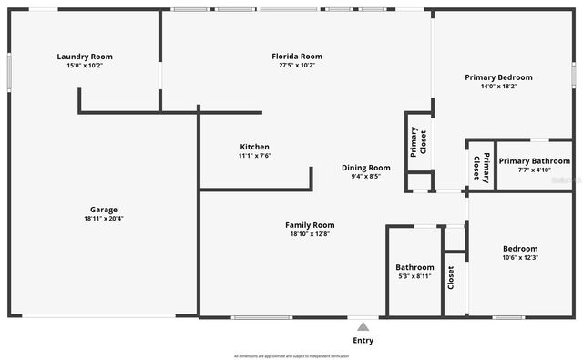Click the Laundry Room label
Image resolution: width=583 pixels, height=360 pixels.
coord(85,57)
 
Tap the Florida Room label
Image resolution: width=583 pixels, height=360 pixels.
coord(297,57)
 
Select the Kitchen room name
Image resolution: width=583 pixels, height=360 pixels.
coord(254,147)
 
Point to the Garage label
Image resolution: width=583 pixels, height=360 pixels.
coord(103,210)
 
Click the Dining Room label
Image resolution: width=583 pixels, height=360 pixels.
coord(366,168)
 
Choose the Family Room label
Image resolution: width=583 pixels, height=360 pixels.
coord(310,225)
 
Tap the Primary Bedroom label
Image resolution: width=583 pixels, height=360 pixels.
coord(498,77)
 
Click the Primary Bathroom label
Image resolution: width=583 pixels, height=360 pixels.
coord(534,161)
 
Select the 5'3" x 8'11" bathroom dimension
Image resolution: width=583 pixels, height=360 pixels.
coord(414,276)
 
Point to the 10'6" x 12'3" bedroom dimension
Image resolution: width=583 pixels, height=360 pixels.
coord(520,257)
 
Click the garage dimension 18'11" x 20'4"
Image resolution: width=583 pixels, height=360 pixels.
coord(103,219)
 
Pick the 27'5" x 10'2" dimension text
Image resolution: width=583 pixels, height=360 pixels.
coord(297,66)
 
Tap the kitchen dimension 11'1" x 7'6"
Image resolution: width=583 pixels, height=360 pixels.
coord(254,156)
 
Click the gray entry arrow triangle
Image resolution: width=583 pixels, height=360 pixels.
coord(363,326)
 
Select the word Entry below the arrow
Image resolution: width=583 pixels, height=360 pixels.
coord(363,341)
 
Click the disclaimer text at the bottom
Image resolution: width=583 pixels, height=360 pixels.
coord(291,356)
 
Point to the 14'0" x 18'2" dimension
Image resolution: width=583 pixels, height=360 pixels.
coord(498,87)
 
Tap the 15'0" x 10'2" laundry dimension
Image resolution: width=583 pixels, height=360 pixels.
coord(85,66)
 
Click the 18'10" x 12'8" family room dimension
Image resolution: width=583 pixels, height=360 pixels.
coord(310,234)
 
